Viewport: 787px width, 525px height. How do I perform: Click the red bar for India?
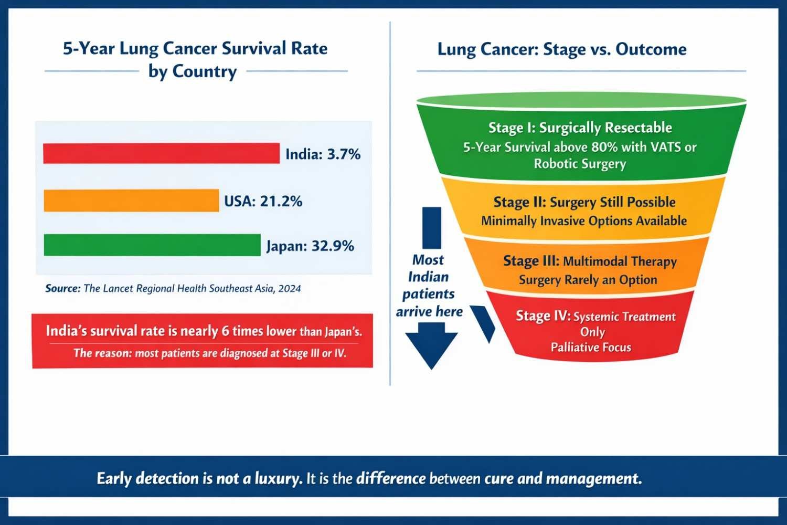pos(161,153)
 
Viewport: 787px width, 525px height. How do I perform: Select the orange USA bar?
pos(131,201)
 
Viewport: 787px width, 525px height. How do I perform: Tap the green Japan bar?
pos(152,245)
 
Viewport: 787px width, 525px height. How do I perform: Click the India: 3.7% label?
pos(323,154)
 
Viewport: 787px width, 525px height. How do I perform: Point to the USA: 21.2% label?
pos(263,201)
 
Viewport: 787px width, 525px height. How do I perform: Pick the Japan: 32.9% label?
pos(310,246)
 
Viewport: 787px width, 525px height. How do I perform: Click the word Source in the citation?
pos(62,288)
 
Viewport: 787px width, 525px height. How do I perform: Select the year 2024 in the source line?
pos(290,288)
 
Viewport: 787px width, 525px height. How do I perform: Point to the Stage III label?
pos(531,261)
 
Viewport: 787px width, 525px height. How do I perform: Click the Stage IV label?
pos(543,316)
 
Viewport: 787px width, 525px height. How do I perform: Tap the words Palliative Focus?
pos(591,347)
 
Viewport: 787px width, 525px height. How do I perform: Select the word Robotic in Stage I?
pos(557,164)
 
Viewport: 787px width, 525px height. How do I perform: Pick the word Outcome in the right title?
pos(651,49)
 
